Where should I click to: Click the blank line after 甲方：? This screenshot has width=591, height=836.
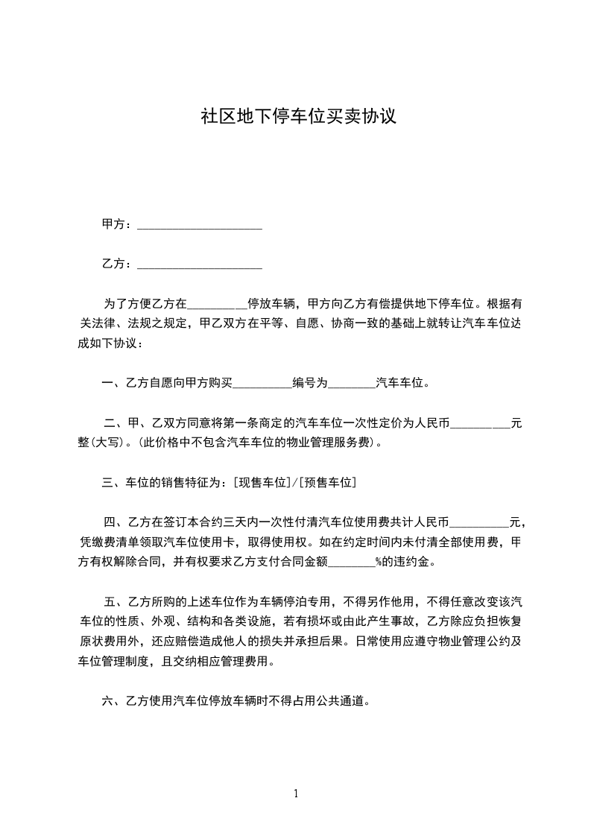200,224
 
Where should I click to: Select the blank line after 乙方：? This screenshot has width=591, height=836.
200,264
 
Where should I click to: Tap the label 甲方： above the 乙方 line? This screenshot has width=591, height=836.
117,224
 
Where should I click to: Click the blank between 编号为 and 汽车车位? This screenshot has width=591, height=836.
351,384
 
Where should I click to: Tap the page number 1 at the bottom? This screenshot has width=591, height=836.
296,794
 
